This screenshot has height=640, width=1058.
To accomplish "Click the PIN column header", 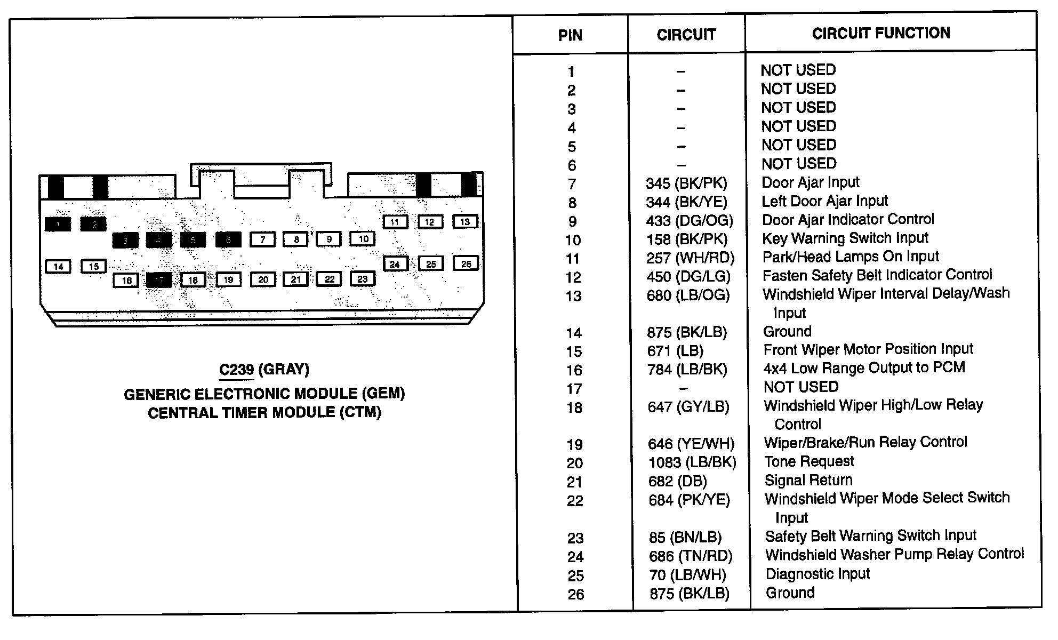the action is (570, 36).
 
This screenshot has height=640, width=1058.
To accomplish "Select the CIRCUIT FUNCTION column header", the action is (881, 34).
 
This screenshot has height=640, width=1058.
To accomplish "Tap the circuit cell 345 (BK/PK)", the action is (686, 183).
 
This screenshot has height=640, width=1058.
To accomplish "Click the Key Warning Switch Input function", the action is (845, 238).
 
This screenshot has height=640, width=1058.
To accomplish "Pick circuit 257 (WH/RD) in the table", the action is (690, 258).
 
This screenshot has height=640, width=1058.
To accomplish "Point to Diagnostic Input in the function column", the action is (817, 574).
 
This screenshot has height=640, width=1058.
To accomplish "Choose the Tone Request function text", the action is (809, 461).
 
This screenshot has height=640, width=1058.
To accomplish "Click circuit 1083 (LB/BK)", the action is (692, 462).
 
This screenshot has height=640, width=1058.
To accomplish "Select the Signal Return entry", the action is (808, 480).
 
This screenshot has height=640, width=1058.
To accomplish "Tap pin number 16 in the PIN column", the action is (574, 370).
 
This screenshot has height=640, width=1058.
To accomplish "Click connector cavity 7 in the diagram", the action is (263, 239).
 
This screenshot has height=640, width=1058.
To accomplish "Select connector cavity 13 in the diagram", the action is (465, 222).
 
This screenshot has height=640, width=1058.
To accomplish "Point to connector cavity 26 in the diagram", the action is (466, 263).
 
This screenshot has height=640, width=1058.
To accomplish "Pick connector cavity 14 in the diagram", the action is (59, 267).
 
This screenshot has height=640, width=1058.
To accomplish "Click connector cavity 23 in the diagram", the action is (363, 279).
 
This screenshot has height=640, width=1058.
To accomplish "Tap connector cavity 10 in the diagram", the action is (363, 239).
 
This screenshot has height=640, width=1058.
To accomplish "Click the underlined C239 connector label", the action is (236, 370).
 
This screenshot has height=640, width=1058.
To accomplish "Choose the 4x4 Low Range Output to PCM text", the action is (864, 368).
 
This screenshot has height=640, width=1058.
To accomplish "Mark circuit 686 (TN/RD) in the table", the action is (691, 556).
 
